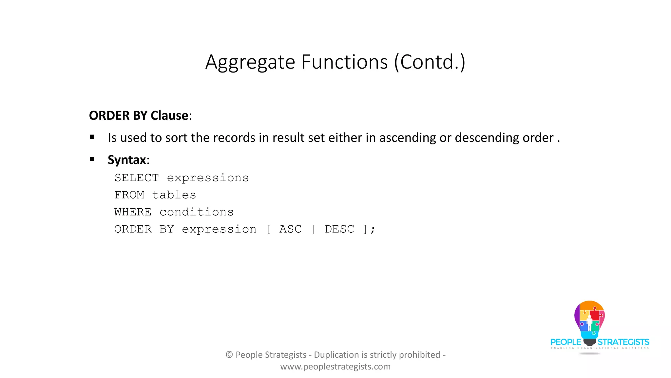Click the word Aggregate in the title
point(250,62)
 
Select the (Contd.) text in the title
point(430,62)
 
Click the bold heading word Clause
point(169,115)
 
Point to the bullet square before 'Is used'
point(92,137)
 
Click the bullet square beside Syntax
point(92,159)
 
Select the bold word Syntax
point(127,160)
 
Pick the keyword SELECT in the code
point(137,178)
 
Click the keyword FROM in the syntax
point(129,195)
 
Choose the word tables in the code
point(174,195)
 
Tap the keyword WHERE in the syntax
point(133,212)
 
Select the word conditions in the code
point(197,212)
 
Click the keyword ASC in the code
point(290,229)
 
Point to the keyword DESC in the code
point(339,229)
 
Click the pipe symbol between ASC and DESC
point(313,229)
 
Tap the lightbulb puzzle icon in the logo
point(589,320)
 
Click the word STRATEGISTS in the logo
point(623,342)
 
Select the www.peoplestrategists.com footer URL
point(335,367)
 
